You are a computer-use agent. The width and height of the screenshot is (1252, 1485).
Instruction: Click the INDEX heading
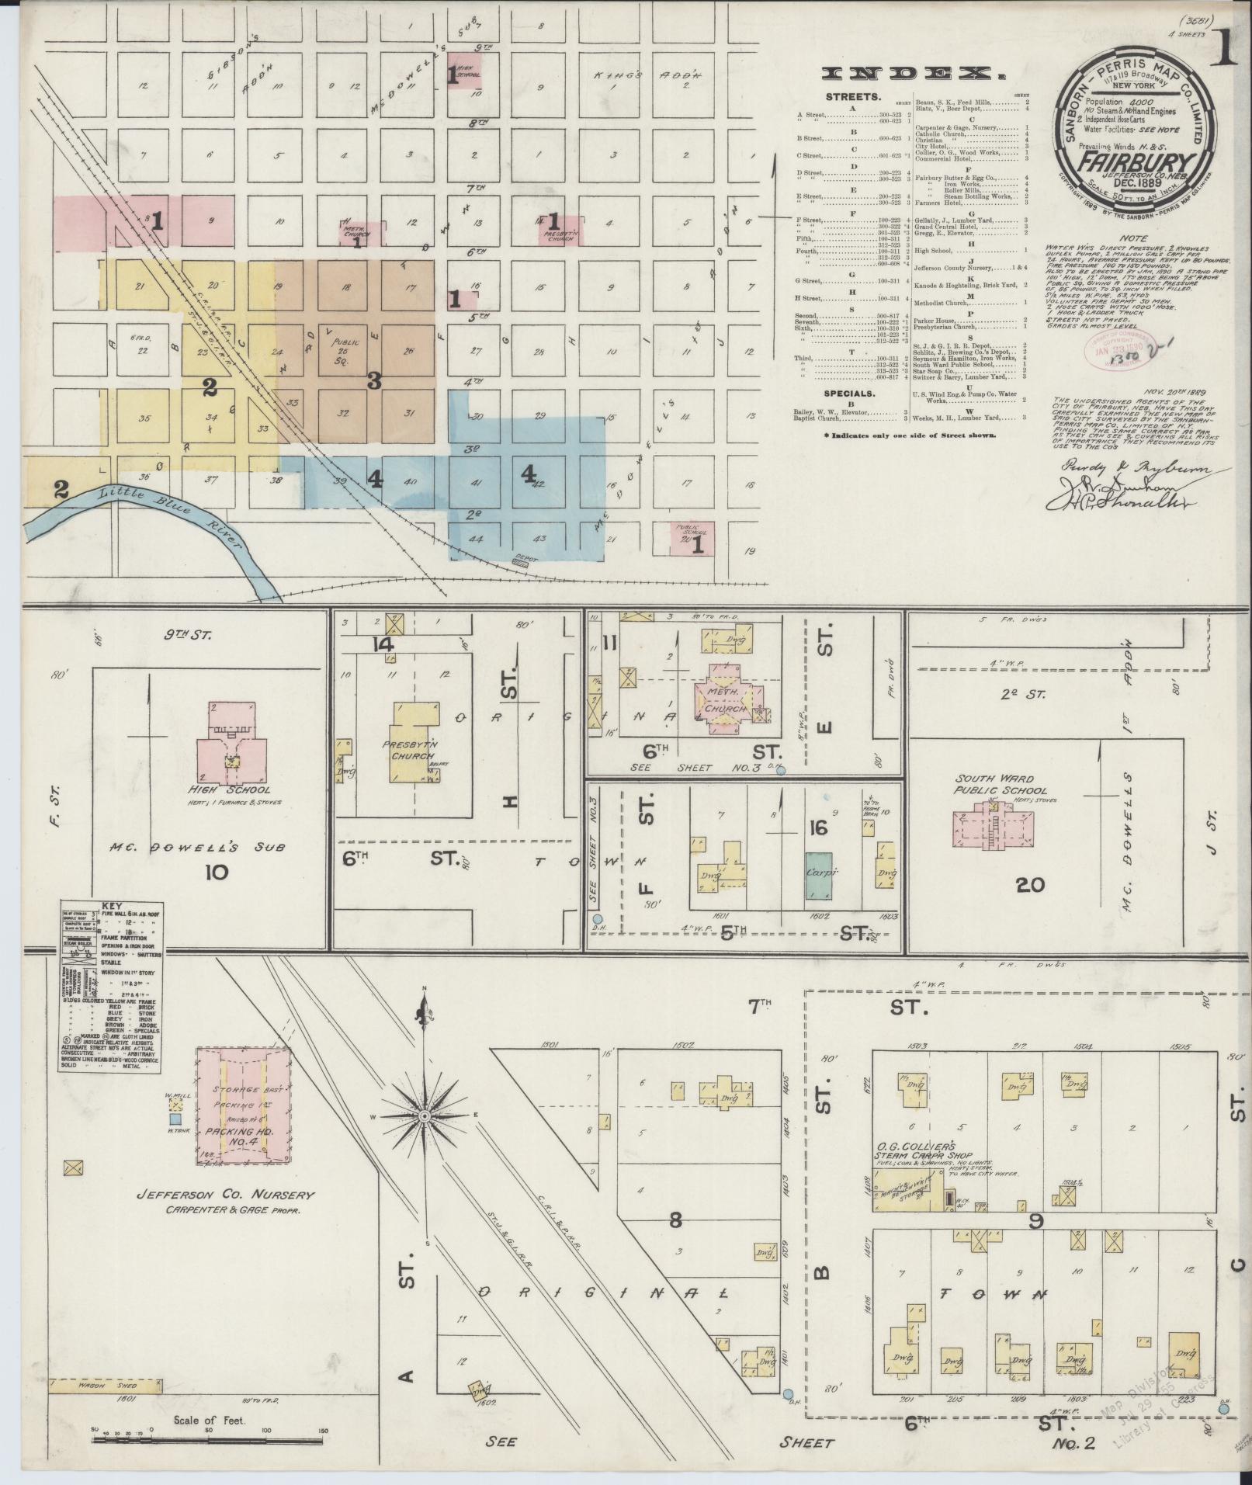[x=912, y=74]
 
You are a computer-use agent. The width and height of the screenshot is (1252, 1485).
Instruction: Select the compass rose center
[x=424, y=1116]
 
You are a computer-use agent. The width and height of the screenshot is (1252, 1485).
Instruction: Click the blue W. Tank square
[x=176, y=1119]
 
